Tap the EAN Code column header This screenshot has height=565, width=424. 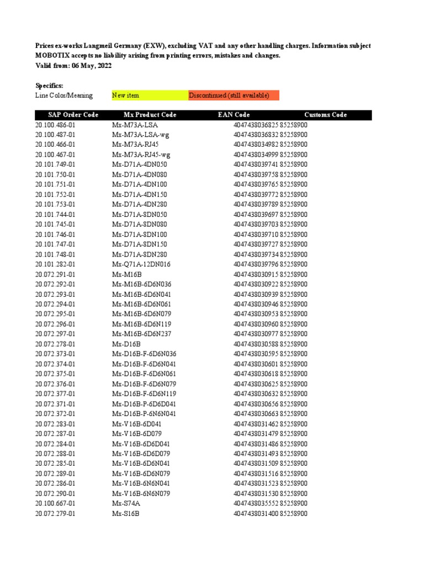click(x=234, y=115)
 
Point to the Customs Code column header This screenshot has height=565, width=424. click(x=325, y=115)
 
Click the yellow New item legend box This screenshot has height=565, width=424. click(x=149, y=95)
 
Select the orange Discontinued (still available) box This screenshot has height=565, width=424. click(x=234, y=95)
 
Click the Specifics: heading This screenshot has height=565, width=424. click(x=49, y=86)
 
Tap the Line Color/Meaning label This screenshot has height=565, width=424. click(x=64, y=95)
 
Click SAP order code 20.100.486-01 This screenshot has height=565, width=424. click(x=55, y=125)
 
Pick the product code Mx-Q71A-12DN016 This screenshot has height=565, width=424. click(x=141, y=264)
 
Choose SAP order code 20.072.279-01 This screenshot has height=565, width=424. click(x=55, y=514)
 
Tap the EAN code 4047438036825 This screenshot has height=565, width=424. click(x=256, y=125)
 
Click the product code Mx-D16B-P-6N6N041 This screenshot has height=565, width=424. click(x=144, y=414)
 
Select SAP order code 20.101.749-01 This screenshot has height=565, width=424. click(x=55, y=165)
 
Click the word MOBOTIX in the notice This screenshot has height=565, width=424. click(x=52, y=56)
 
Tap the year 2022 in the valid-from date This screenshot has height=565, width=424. click(x=103, y=66)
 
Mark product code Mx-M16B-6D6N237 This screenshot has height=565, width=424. click(x=141, y=334)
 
